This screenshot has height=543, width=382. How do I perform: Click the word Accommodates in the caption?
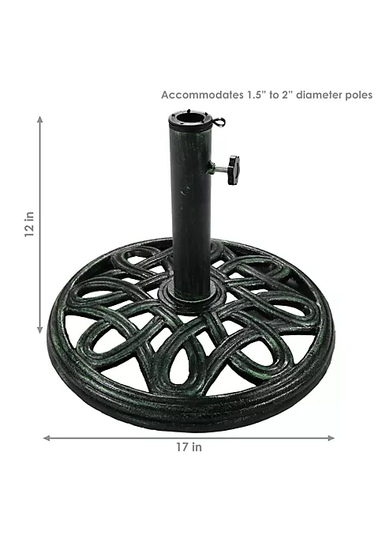click(x=202, y=95)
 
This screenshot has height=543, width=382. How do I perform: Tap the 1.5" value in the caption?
click(x=257, y=95)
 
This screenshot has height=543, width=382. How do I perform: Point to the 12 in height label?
click(x=30, y=224)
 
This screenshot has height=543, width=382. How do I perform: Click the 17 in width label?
click(x=189, y=447)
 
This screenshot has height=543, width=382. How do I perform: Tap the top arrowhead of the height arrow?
click(x=40, y=119)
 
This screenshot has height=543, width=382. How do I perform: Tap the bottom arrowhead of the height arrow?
click(x=40, y=330)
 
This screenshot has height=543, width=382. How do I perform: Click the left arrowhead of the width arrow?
click(x=47, y=438)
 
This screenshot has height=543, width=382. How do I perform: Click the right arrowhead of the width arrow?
click(x=331, y=438)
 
